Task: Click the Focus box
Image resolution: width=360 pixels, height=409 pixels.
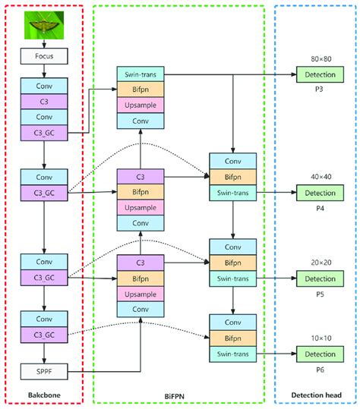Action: [x=44, y=56]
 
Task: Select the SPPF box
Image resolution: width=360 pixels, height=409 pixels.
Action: [x=44, y=372]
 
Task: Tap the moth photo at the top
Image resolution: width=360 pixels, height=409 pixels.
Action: [x=44, y=25]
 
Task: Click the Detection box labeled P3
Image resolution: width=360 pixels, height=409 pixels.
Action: [x=320, y=74]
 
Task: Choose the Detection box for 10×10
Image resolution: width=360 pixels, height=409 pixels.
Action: [x=320, y=354]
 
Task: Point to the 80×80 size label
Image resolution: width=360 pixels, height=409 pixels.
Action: [x=321, y=59]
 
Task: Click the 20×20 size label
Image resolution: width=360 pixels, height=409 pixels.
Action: [x=321, y=263]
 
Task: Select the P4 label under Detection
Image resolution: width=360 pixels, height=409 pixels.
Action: [x=320, y=208]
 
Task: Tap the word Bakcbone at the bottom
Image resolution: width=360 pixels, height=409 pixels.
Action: [x=44, y=395]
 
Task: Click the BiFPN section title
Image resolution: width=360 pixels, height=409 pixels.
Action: [x=175, y=396]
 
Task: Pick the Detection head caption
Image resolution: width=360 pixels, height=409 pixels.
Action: [x=316, y=395]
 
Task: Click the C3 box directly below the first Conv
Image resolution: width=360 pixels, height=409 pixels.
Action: [x=44, y=102]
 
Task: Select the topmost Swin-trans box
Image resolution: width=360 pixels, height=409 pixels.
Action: [x=141, y=74]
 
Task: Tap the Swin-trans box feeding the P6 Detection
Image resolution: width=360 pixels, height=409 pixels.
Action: [x=233, y=354]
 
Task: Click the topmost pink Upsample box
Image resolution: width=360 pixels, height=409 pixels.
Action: [x=141, y=105]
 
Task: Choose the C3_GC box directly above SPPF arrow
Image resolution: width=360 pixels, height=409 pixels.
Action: [x=44, y=335]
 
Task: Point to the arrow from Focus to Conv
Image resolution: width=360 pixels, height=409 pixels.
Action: [x=44, y=71]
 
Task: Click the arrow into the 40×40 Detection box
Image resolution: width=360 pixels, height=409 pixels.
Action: [x=276, y=193]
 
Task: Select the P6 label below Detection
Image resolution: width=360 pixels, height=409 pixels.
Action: [x=320, y=370]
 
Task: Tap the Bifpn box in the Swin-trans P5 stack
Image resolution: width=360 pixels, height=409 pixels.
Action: [x=233, y=263]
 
